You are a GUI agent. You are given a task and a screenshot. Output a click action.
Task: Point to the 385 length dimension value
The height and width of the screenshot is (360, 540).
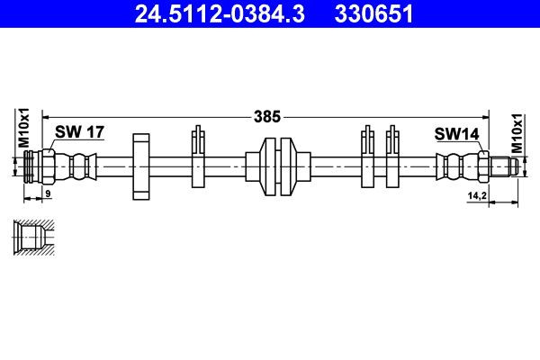tap(269, 116)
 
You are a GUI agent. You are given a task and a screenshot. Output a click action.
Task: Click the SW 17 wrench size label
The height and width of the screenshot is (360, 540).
tap(79, 132)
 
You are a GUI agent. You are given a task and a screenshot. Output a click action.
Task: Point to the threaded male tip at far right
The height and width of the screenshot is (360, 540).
tap(506, 166)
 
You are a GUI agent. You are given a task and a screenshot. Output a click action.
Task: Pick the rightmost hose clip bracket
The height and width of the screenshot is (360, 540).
tap(392, 159)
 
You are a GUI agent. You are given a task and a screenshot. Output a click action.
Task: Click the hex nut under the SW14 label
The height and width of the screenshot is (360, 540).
tap(483, 166)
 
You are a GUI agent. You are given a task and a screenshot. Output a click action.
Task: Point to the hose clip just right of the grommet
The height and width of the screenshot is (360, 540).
tap(367, 159)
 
